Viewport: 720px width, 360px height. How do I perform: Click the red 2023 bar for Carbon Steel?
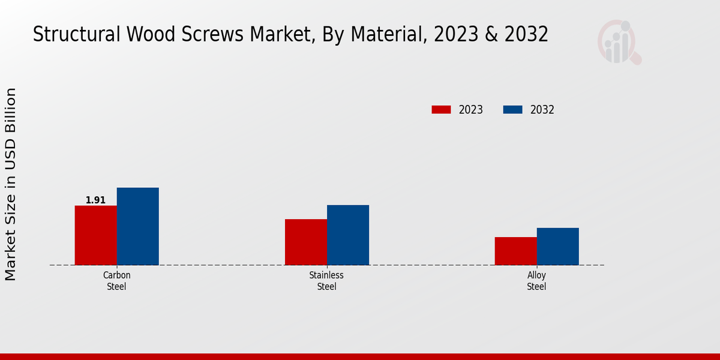coord(95,235)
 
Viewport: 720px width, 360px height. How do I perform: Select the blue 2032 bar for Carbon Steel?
coord(137,226)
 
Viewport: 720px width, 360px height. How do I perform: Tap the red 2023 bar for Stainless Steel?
coord(305,242)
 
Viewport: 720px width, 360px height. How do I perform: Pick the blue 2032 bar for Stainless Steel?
coord(347,235)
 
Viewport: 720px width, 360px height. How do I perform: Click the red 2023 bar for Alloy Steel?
coord(515,251)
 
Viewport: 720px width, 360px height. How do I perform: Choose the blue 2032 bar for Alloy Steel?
coord(557,246)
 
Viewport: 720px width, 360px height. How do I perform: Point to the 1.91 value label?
coord(95,200)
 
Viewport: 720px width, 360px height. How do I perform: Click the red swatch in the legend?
coord(441,110)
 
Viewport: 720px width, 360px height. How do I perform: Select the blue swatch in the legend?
coord(512,110)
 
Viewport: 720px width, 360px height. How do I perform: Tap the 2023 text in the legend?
coord(470,110)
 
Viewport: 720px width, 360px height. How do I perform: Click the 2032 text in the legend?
coord(542,110)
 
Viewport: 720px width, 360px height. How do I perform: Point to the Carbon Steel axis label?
coord(116,281)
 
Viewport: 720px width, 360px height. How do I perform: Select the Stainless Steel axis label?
coord(326,281)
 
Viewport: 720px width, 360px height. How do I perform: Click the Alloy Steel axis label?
coord(536,281)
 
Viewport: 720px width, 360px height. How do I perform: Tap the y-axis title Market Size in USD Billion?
coord(11,184)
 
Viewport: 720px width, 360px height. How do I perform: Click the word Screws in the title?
coord(217,35)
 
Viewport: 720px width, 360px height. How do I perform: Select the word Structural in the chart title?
coord(76,35)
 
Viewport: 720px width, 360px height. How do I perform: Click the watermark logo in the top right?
coord(619,42)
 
